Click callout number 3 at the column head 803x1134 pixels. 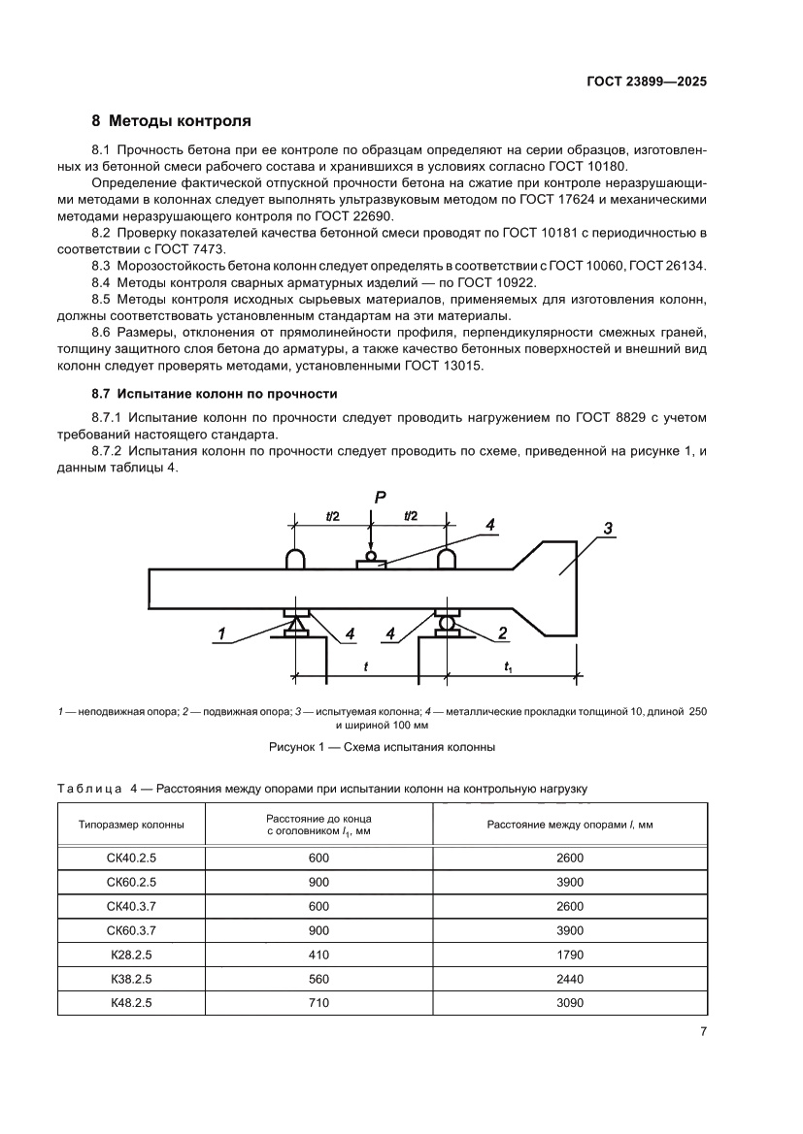[607, 528]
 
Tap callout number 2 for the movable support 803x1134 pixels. [503, 633]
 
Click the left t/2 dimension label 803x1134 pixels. [331, 516]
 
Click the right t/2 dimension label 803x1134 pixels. [409, 516]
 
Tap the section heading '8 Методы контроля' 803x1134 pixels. [171, 121]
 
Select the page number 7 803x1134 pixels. [702, 1031]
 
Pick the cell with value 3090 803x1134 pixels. [570, 1002]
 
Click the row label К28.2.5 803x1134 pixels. [131, 954]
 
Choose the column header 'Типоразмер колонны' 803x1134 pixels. [131, 825]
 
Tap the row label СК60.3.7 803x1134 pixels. [131, 929]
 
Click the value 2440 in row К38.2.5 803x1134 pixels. [570, 978]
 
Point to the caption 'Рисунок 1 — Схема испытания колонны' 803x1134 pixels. [382, 748]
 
